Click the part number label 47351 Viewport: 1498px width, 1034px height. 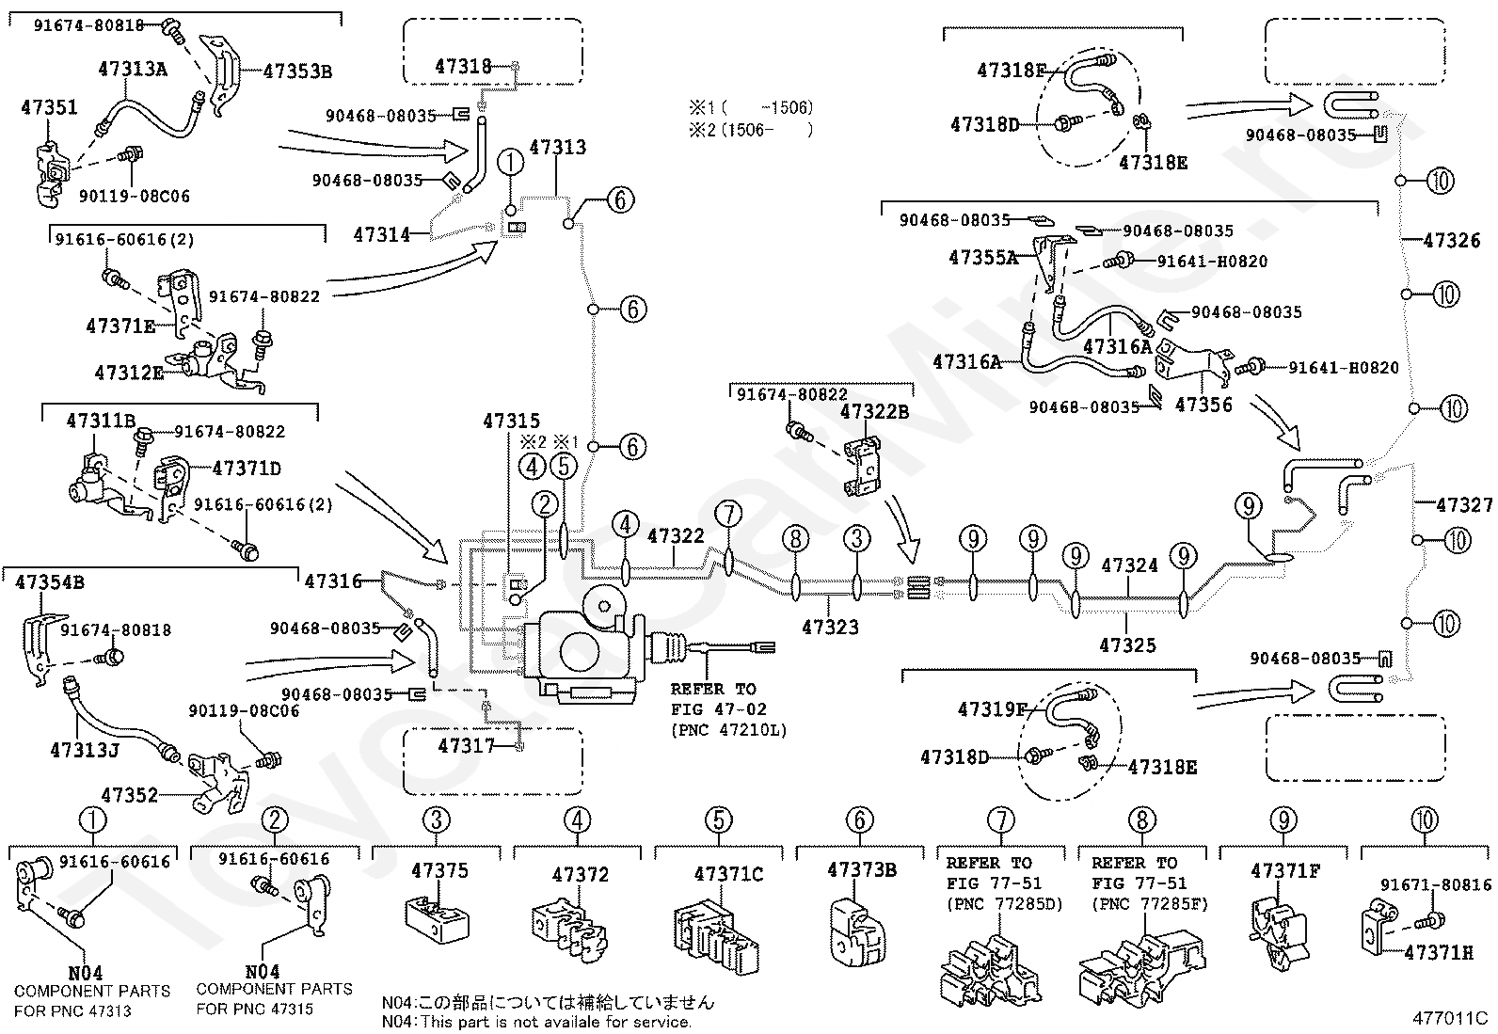click(x=49, y=107)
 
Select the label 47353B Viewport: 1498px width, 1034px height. click(x=297, y=71)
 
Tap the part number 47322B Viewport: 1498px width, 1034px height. click(x=874, y=412)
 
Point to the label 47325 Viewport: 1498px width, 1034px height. click(x=1127, y=644)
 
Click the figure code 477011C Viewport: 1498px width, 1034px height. click(x=1450, y=1018)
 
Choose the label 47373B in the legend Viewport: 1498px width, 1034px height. click(x=861, y=869)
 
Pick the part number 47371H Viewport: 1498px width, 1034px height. click(x=1439, y=952)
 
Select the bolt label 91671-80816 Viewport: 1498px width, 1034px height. click(x=1436, y=884)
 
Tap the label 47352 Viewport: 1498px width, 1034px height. click(x=129, y=795)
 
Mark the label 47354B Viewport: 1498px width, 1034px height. click(x=50, y=581)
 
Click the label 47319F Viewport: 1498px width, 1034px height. click(x=993, y=709)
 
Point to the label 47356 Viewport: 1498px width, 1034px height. click(x=1203, y=404)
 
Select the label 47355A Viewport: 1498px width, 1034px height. click(x=983, y=257)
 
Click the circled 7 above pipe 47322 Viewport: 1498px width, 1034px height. click(x=728, y=515)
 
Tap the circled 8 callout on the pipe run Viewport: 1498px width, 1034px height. click(x=795, y=538)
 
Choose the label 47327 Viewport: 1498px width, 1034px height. click(x=1464, y=504)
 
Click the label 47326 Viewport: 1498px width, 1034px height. click(x=1451, y=240)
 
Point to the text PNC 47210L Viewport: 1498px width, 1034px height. click(x=729, y=730)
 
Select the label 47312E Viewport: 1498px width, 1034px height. click(x=129, y=373)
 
